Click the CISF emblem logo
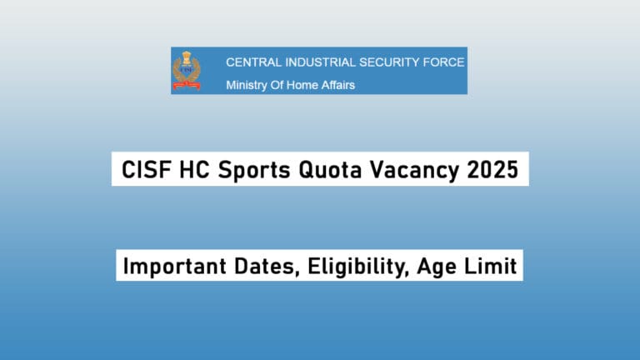tap(186, 70)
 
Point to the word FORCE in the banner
tap(445, 62)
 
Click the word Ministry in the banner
tap(246, 84)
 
